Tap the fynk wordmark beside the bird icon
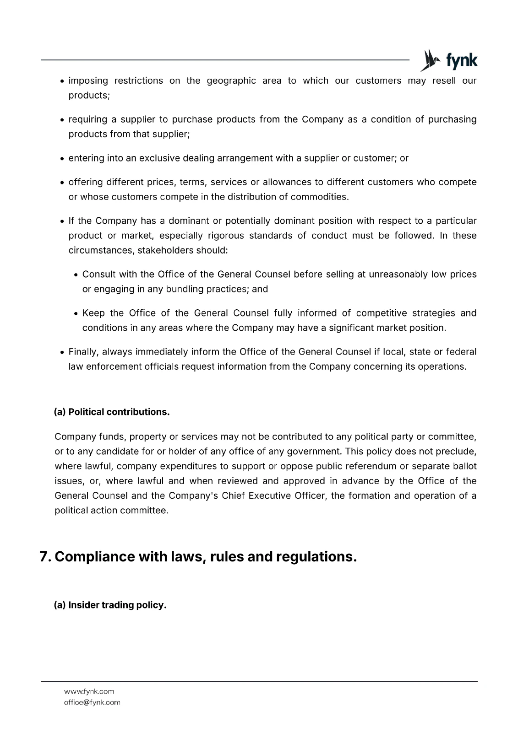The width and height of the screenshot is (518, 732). [x=461, y=61]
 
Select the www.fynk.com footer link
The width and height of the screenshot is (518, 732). [x=89, y=691]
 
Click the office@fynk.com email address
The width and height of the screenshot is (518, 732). [x=92, y=702]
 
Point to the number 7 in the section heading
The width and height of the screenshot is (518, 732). [x=44, y=557]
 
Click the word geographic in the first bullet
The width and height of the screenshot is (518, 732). [x=231, y=81]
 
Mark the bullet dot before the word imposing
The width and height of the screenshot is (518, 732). [x=61, y=81]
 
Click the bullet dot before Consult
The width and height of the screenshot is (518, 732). [x=76, y=275]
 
